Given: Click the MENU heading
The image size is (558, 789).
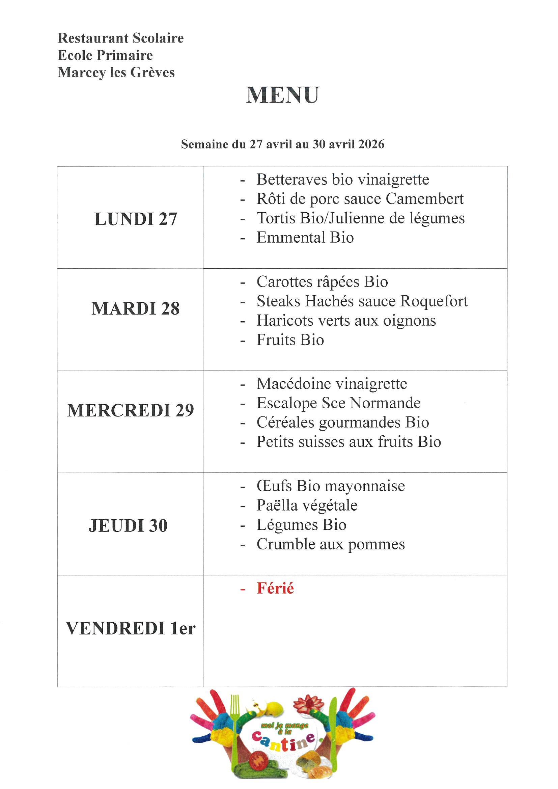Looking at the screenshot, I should (282, 95).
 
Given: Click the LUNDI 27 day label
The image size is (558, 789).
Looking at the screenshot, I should (136, 219).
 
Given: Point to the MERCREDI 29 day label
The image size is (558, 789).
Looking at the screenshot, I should (131, 410).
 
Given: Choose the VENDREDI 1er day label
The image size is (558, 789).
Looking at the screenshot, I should (131, 628).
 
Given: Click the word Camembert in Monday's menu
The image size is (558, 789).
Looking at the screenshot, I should (424, 199).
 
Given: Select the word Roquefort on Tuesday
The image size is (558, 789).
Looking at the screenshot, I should (434, 301).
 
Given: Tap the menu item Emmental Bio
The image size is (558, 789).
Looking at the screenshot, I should (305, 238).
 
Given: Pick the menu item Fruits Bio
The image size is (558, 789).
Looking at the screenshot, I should (290, 340).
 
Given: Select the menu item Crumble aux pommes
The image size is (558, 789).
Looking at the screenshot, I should (331, 544).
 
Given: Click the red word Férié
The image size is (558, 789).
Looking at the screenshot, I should (275, 588).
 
